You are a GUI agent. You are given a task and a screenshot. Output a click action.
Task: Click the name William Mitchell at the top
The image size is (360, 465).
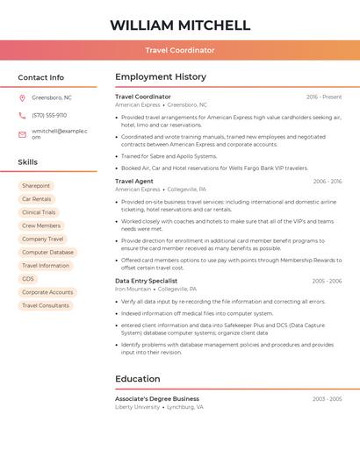tap(180, 25)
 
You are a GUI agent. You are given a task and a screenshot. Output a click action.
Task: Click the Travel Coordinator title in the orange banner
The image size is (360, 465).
tap(180, 50)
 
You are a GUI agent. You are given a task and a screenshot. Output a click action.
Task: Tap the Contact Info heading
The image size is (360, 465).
tap(40, 77)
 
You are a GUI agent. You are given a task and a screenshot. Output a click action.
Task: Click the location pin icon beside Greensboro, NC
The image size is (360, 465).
tap(22, 97)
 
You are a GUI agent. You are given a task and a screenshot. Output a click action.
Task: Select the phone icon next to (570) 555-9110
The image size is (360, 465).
tap(22, 115)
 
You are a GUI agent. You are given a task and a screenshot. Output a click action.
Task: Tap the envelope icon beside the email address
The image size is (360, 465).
tap(22, 134)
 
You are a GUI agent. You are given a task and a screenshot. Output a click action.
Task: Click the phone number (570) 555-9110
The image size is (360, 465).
tap(49, 115)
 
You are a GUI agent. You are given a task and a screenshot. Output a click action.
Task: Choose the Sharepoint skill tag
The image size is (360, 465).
tap(36, 186)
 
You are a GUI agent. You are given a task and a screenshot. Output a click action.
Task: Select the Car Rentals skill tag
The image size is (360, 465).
tap(37, 199)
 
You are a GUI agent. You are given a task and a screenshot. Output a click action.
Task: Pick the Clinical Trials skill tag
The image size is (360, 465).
tap(39, 212)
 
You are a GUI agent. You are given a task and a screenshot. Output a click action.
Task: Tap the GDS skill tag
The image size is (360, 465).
tap(28, 279)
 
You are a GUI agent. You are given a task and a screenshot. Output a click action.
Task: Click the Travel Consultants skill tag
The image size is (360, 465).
tap(46, 305)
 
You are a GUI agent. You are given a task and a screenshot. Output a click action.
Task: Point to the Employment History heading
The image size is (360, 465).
tap(161, 77)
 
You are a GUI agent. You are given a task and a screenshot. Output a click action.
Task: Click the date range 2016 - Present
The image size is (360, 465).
tap(324, 97)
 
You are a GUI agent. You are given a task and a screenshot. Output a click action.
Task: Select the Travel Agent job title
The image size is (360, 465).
tap(134, 181)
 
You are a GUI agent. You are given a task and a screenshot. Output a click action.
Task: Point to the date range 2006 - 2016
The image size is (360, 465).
tap(327, 181)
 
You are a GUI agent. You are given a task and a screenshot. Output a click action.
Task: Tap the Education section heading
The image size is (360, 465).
tap(138, 379)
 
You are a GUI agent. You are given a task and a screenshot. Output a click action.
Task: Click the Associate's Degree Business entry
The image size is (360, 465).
tap(157, 398)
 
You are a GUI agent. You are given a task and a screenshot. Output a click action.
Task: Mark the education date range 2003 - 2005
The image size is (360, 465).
tap(327, 398)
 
